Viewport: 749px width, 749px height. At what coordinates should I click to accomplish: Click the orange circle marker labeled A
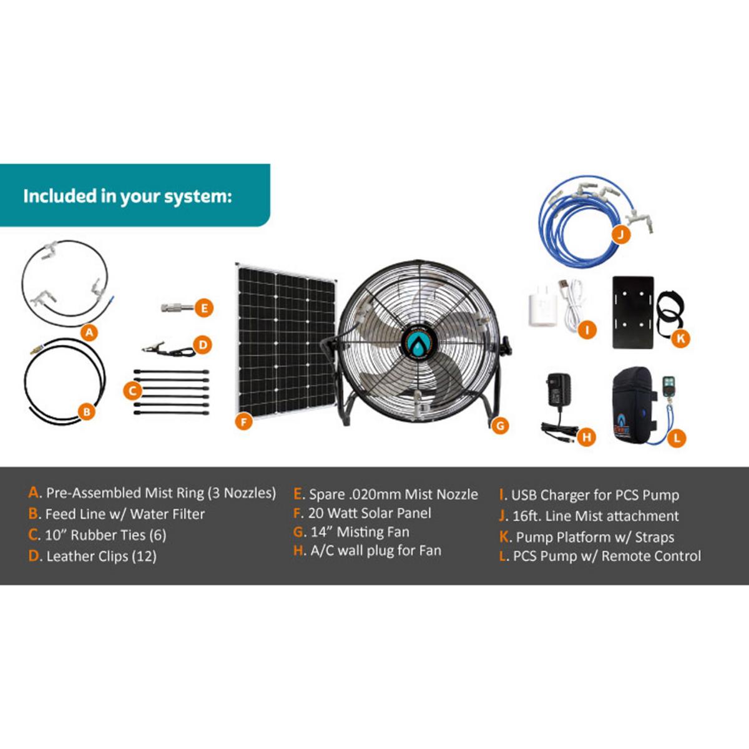click(x=90, y=332)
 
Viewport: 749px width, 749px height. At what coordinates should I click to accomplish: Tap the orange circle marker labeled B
click(x=87, y=411)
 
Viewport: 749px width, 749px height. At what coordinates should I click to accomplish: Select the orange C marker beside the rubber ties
click(x=132, y=391)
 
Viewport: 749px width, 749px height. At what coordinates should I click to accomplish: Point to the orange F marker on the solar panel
click(x=244, y=422)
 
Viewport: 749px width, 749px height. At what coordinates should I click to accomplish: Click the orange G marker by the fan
click(x=499, y=426)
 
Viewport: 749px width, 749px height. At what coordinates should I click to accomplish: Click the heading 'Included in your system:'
click(x=127, y=196)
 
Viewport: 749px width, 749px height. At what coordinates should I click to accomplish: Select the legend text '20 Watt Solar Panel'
click(x=370, y=513)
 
